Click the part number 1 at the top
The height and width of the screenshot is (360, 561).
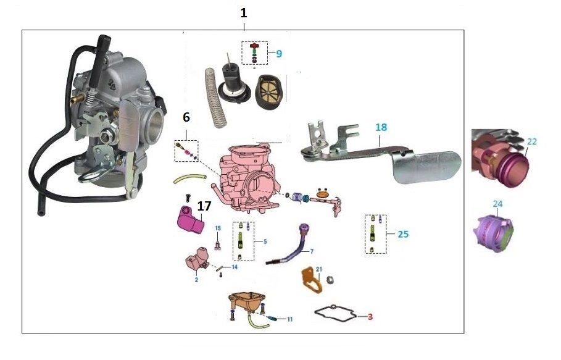point(244,12)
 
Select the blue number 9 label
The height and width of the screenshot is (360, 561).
point(279,54)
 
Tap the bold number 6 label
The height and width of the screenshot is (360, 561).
point(186,117)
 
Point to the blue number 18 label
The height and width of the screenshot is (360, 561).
point(381,127)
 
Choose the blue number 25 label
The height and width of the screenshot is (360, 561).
point(403,235)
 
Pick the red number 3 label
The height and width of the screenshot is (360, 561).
point(370,317)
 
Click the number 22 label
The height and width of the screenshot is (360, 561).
point(532,141)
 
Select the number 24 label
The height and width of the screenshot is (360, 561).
point(498,203)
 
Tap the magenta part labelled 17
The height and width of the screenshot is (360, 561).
point(191,220)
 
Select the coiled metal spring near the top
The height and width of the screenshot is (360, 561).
point(214,98)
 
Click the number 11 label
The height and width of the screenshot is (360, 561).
point(289,319)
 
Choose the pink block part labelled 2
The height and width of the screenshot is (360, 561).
point(195,260)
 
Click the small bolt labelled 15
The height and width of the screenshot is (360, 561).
point(218,244)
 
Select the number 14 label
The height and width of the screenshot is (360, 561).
point(234,267)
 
